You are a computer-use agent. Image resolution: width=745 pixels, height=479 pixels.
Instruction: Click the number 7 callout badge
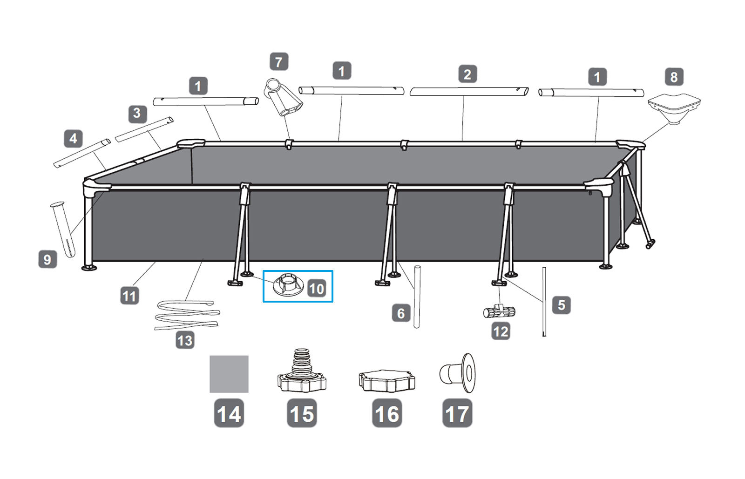(278, 62)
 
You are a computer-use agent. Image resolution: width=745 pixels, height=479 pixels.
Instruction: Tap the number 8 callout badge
(673, 77)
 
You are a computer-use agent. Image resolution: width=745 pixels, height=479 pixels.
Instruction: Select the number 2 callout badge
(467, 74)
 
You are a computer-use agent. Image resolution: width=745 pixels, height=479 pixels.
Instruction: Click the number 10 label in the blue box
(316, 289)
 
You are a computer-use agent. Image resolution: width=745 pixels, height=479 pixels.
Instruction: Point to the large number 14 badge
(229, 413)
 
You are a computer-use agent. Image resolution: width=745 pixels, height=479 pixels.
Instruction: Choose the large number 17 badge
(457, 413)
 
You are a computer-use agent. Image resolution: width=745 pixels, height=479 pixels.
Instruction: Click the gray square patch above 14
(229, 374)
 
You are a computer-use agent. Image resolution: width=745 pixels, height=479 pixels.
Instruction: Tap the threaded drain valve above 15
(301, 372)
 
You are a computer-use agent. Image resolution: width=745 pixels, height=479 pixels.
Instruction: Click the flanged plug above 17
(458, 372)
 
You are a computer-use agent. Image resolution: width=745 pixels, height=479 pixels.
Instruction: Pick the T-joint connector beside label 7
(283, 98)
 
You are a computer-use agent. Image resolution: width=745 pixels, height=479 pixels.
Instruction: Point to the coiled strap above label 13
(186, 315)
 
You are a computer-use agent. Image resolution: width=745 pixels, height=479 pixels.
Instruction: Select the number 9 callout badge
(47, 259)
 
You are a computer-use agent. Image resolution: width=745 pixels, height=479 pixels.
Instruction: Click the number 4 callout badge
(73, 139)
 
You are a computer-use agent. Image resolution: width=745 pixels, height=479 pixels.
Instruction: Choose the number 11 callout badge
(129, 296)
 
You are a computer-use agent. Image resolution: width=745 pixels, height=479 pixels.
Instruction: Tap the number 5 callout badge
(561, 305)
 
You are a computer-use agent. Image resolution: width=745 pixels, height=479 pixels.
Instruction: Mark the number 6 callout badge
(401, 313)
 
